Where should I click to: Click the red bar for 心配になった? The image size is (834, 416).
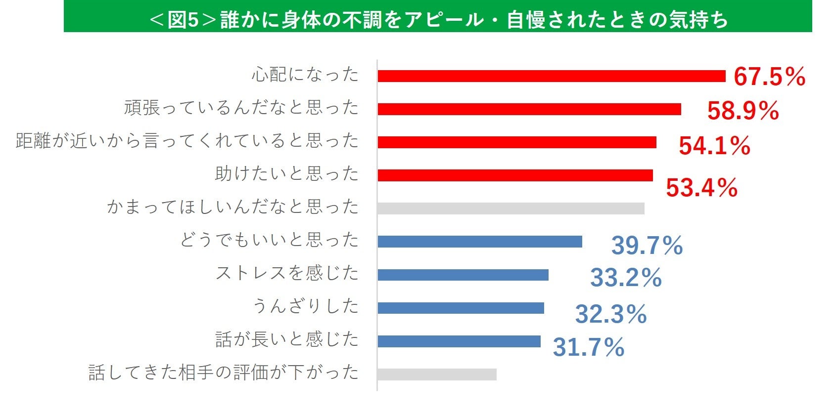coord(551,76)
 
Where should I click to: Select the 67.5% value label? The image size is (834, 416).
coord(769,77)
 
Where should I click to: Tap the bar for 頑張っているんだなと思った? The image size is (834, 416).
coord(529,109)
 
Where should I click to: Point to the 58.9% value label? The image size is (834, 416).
coord(742,111)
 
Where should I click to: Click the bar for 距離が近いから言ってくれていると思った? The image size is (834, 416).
coord(516,142)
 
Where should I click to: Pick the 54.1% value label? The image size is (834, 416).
coord(714,146)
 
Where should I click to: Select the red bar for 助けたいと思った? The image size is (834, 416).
coord(515,175)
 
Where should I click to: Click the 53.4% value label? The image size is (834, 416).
coord(701,188)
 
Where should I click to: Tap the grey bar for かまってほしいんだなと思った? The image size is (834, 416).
coord(510,208)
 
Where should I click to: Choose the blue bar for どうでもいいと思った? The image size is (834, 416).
coord(479,242)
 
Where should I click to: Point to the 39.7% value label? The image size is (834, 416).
coord(647,246)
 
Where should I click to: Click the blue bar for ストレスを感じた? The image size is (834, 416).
coord(463,275)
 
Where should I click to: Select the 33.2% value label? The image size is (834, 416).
coord(626,278)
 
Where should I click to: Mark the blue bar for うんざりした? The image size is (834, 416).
coord(461,308)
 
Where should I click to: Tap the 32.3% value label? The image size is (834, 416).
coord(610,314)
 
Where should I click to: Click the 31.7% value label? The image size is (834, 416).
coord(588,347)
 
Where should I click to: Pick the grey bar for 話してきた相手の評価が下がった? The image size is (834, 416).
coord(437,374)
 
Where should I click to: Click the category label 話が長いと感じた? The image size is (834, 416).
coord(287,339)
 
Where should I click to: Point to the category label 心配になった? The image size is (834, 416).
coord(305,75)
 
